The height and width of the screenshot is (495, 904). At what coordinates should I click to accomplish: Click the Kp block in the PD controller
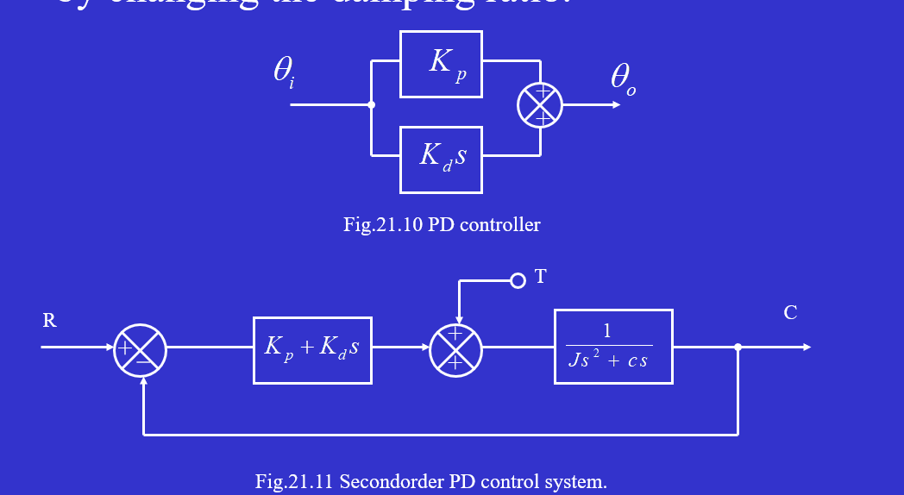(441, 64)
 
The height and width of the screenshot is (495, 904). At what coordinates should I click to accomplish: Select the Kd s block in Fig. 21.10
(441, 160)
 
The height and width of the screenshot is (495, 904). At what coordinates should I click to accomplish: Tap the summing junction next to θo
(540, 105)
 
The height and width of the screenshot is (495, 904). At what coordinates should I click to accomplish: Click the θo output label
(623, 79)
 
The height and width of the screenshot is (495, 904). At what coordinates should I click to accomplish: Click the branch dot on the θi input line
(372, 105)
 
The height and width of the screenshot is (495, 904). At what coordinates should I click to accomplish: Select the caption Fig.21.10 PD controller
(442, 225)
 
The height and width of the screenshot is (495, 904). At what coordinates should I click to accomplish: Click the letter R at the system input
(49, 321)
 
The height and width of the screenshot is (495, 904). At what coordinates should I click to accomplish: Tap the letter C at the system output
(790, 313)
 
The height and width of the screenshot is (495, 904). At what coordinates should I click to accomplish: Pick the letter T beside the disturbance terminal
(541, 276)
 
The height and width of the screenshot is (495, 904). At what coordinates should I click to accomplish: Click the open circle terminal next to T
(518, 280)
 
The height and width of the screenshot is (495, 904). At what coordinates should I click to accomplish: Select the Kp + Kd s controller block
(312, 350)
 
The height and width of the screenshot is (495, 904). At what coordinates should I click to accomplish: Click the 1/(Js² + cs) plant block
(612, 347)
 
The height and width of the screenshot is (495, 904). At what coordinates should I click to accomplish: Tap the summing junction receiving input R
(140, 350)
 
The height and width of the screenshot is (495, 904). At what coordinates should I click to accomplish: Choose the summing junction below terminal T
(455, 350)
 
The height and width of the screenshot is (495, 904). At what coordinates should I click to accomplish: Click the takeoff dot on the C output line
(738, 348)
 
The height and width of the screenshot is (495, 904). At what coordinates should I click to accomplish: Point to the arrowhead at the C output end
(807, 348)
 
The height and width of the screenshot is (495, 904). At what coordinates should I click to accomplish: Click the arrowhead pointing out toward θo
(615, 105)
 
